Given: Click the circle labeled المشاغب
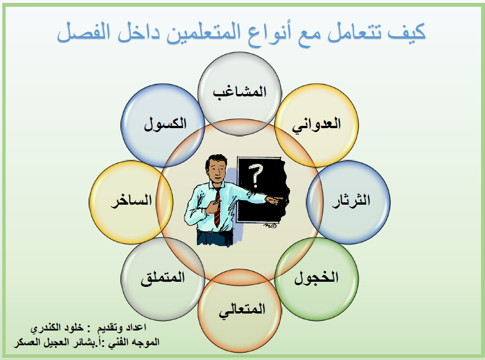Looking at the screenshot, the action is pyautogui.click(x=239, y=94).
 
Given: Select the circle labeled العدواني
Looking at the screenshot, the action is pyautogui.click(x=317, y=125).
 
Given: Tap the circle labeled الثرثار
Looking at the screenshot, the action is pyautogui.click(x=348, y=202).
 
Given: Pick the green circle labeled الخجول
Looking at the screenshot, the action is pyautogui.click(x=317, y=279).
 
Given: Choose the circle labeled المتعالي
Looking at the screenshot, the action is pyautogui.click(x=239, y=311).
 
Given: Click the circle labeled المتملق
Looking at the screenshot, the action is pyautogui.click(x=163, y=279).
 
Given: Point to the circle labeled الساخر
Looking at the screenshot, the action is pyautogui.click(x=131, y=202).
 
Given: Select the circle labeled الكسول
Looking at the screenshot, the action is pyautogui.click(x=163, y=125).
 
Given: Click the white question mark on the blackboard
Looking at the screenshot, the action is pyautogui.click(x=255, y=176).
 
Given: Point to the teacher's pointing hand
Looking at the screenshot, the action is pyautogui.click(x=274, y=200).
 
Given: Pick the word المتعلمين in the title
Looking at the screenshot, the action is pyautogui.click(x=204, y=33).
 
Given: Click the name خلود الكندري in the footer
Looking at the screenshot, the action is pyautogui.click(x=57, y=328).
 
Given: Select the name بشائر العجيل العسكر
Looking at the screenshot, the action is pyautogui.click(x=56, y=342).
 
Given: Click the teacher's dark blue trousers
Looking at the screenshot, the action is pyautogui.click(x=214, y=238).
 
